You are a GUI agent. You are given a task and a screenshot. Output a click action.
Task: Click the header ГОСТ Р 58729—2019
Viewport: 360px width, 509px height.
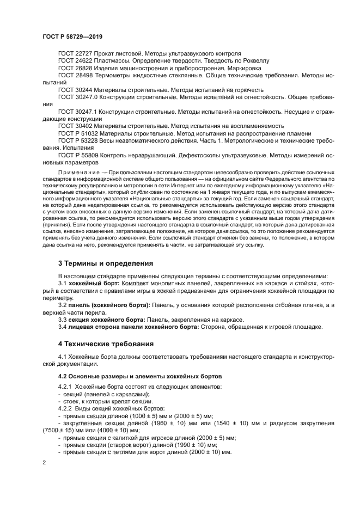point(72,36)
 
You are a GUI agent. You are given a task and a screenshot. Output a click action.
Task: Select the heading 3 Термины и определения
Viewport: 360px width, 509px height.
point(105,263)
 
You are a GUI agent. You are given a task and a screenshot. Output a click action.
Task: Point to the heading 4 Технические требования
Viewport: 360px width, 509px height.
point(106,344)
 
